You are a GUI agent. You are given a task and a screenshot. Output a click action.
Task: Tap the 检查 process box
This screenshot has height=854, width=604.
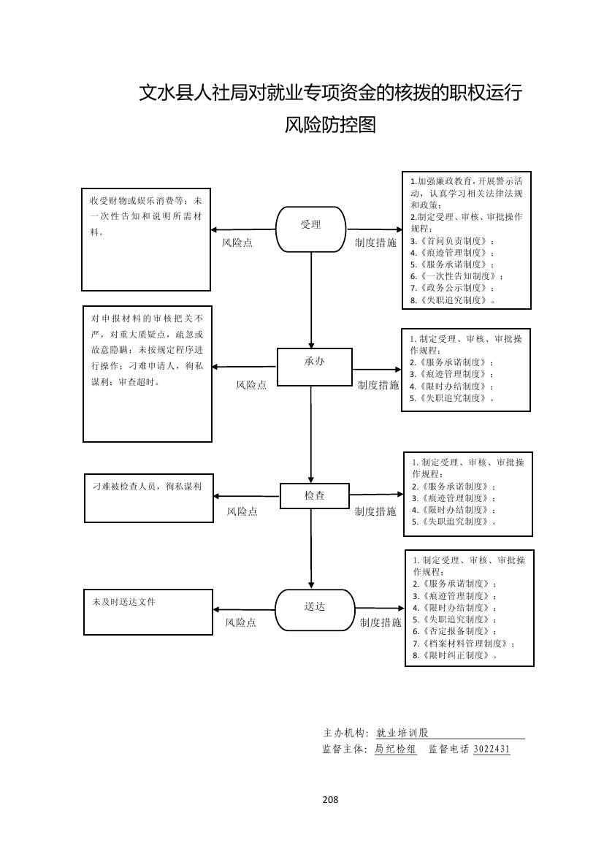click(315, 495)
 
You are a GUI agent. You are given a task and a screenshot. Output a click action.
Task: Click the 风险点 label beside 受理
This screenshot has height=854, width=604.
click(237, 243)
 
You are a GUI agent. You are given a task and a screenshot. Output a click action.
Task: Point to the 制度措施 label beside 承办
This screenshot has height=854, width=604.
click(378, 385)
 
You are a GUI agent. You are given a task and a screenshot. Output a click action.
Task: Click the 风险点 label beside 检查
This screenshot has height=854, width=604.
click(242, 511)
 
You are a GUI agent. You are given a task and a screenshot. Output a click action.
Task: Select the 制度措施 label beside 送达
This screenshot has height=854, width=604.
click(381, 622)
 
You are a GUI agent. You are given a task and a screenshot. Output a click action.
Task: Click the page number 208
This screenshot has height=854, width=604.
click(330, 799)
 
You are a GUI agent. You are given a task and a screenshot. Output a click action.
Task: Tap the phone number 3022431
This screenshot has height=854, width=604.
click(492, 750)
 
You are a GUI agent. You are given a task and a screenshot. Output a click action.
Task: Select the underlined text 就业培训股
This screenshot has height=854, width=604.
click(402, 733)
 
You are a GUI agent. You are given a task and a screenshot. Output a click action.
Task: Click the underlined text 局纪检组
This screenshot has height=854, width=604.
click(396, 750)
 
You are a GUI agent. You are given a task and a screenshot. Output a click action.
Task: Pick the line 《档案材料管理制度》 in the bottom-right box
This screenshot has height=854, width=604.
click(463, 644)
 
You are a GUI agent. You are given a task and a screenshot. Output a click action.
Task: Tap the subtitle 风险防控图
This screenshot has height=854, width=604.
click(330, 125)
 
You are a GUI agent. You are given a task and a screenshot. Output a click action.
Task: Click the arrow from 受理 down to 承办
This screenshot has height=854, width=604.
click(312, 300)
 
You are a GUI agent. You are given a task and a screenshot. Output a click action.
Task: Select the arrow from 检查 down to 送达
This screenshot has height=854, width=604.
click(312, 548)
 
